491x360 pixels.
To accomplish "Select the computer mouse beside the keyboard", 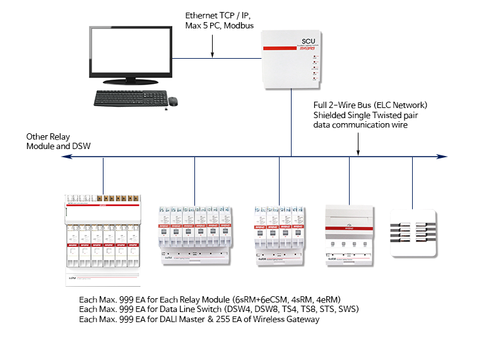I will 173,100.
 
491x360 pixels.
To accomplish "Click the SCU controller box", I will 291,60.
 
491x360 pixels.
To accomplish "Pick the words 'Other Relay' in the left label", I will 47,136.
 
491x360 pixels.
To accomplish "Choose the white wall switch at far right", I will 413,234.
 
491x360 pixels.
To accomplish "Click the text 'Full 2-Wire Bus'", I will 341,104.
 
